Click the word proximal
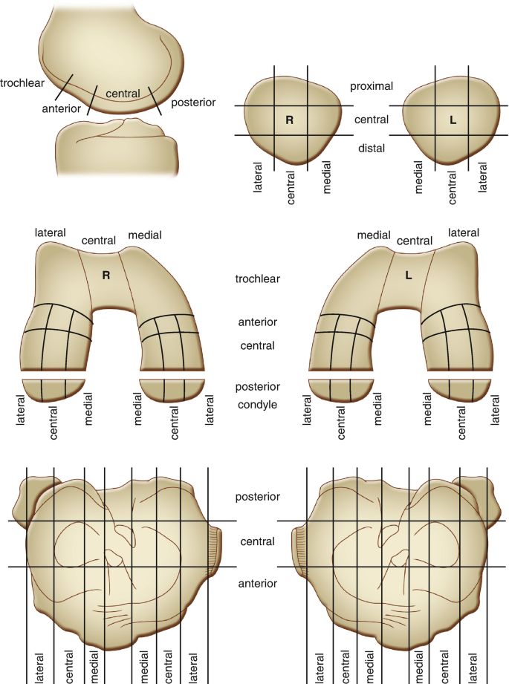tap(372, 87)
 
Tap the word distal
tap(371, 149)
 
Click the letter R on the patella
tap(290, 120)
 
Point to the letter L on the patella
tap(453, 120)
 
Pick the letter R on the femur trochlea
tap(106, 276)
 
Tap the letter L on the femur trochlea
tap(409, 276)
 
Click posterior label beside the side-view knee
tap(193, 102)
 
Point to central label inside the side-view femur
tap(123, 94)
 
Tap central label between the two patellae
tap(372, 119)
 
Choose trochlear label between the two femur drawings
tap(256, 279)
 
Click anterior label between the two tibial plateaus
tap(256, 584)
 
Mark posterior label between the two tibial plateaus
tap(256, 496)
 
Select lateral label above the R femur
tap(50, 233)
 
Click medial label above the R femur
tap(145, 235)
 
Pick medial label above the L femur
tap(374, 235)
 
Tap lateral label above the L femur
tap(464, 233)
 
